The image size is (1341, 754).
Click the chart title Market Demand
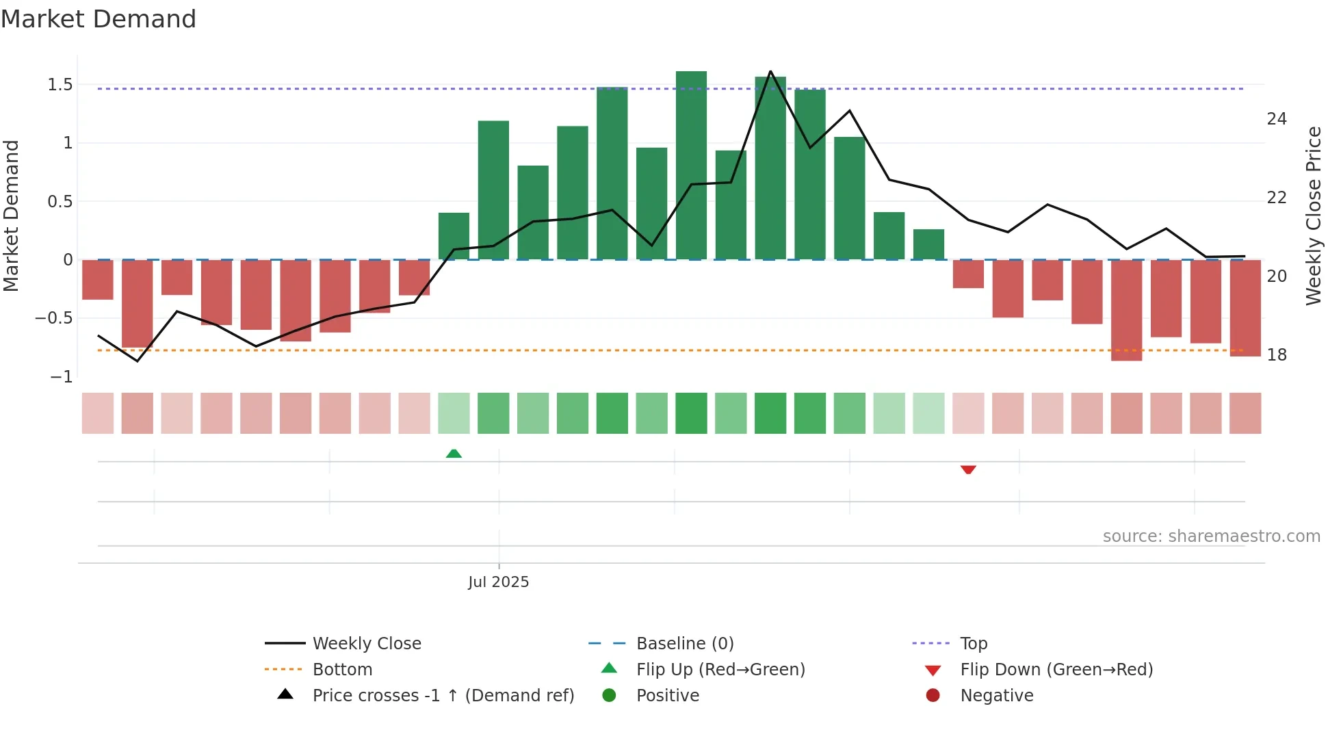tap(99, 19)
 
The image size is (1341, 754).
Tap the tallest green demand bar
tap(691, 164)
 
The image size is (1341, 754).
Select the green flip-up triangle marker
tap(454, 453)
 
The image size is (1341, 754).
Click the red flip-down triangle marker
tap(968, 469)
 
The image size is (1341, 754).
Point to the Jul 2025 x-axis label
tap(498, 582)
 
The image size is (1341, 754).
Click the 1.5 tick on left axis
tap(60, 85)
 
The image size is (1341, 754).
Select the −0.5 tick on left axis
tap(54, 318)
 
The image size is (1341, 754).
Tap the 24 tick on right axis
tap(1277, 119)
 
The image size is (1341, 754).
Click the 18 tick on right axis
tap(1277, 354)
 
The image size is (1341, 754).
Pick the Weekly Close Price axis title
tap(1314, 216)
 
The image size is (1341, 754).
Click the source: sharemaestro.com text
tap(1211, 536)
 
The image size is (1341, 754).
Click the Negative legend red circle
tap(933, 695)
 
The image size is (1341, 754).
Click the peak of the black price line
tap(770, 71)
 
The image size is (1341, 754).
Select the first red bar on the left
tap(98, 279)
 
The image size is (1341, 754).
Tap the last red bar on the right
tap(1245, 308)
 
